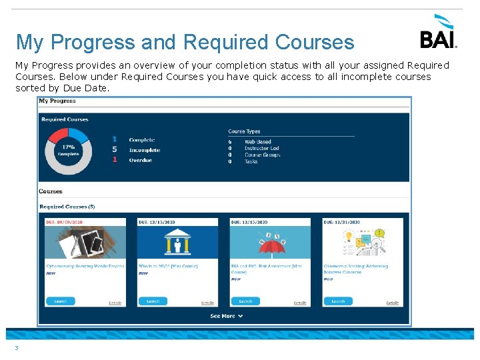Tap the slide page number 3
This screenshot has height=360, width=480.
pos(16,347)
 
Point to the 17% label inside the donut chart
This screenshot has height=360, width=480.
pos(68,147)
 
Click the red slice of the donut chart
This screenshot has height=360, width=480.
pos(59,133)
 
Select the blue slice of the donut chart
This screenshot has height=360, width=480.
pos(79,134)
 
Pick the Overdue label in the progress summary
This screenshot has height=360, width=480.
pos(140,160)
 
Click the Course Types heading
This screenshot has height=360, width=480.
pos(244,131)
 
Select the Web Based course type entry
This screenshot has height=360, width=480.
pos(257,141)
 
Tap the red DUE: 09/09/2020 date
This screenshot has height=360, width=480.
pos(63,222)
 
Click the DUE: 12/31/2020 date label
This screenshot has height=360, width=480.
pos(341,222)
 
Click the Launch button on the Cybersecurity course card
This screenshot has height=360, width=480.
pos(61,301)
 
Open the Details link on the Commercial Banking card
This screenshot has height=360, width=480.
pos(393,303)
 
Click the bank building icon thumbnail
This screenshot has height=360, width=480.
pos(177,242)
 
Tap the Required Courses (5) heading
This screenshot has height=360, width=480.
pos(67,207)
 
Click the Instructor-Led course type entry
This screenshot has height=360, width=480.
pos(261,148)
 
